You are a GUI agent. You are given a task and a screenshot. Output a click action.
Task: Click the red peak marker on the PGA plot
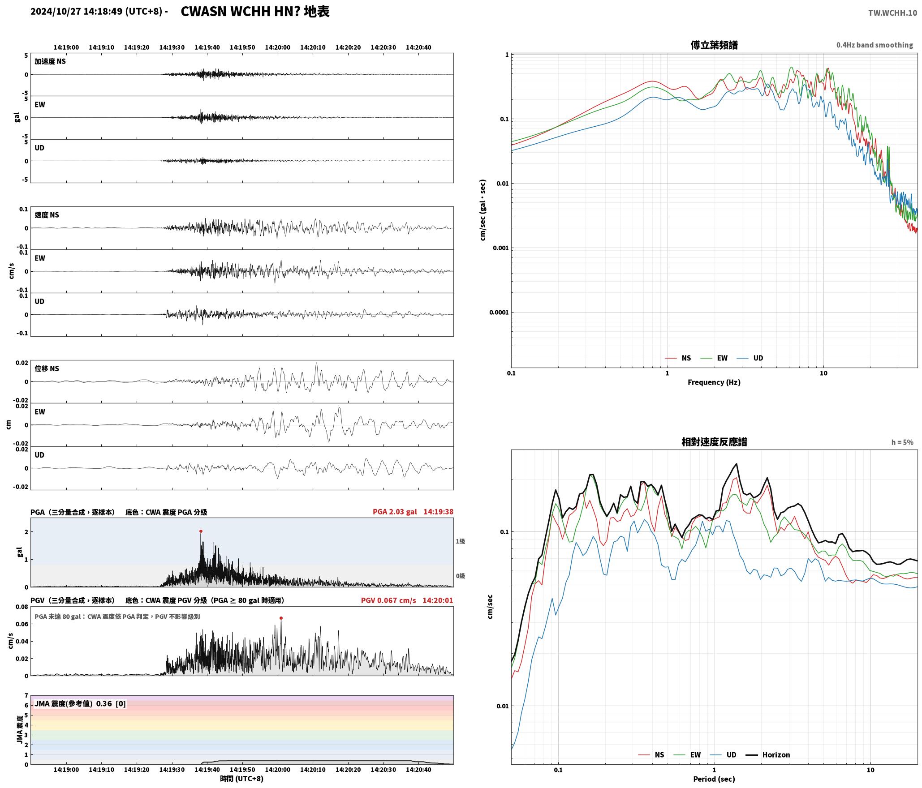click(201, 531)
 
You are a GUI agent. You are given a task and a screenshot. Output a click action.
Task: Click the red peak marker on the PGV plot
click(281, 618)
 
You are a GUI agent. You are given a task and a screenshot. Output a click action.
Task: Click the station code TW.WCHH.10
click(892, 13)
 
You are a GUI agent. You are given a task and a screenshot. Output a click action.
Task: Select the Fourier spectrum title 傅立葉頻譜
click(714, 45)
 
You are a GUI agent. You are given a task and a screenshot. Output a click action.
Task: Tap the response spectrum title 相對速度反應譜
click(714, 442)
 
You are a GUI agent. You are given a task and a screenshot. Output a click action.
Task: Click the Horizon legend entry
click(768, 755)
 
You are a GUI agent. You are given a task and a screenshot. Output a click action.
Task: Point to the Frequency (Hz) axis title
click(714, 382)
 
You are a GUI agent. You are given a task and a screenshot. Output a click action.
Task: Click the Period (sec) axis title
click(714, 779)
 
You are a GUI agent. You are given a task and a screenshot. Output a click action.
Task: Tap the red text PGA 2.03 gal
click(395, 512)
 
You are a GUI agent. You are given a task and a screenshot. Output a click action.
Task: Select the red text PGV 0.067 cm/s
click(388, 600)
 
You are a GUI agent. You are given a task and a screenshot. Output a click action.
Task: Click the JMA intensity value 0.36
click(104, 704)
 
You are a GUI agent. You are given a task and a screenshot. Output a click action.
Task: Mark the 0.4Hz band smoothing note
click(875, 45)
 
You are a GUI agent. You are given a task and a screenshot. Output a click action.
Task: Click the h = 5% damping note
click(902, 442)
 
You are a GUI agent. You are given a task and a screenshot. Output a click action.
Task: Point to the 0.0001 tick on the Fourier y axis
click(498, 313)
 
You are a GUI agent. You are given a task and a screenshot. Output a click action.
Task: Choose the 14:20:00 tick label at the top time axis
click(277, 47)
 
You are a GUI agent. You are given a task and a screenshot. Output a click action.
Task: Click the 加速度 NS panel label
click(50, 61)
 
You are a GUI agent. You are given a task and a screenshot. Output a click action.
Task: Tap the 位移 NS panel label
click(47, 368)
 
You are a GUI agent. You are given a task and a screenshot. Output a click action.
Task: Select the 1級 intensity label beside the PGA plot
click(460, 541)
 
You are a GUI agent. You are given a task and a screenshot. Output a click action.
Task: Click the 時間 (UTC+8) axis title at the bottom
click(242, 779)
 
